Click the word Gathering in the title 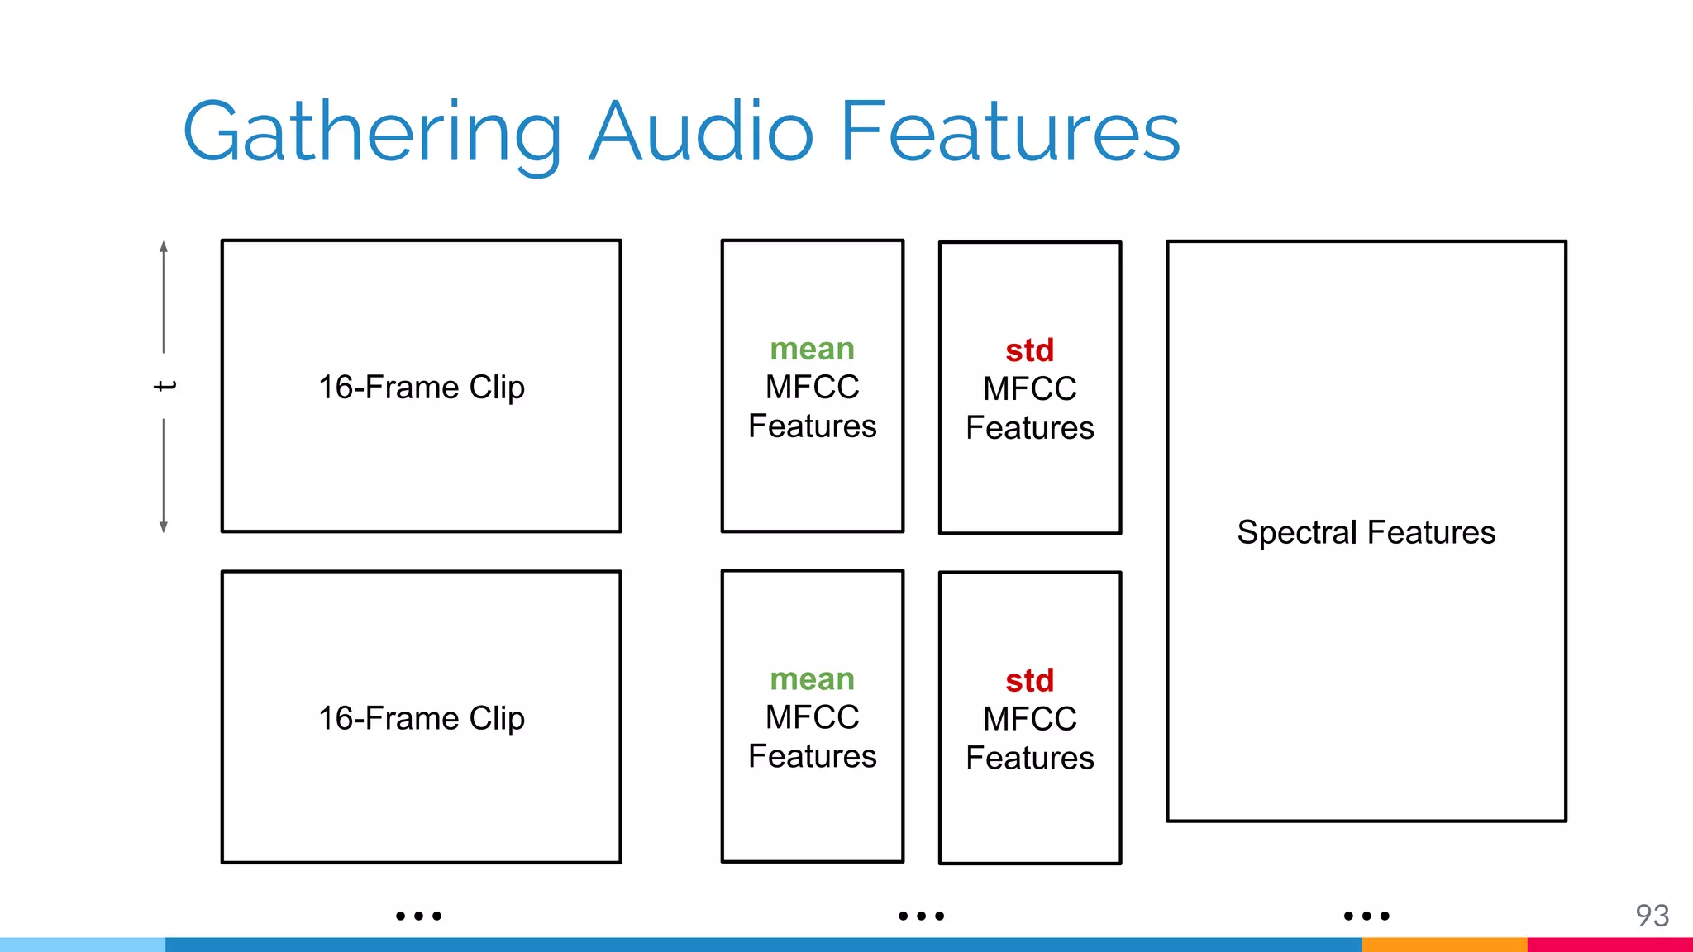(372, 132)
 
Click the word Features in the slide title (1010, 132)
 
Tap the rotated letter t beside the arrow (165, 386)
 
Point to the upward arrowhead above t (164, 246)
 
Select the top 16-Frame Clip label (422, 387)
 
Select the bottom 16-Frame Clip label (422, 717)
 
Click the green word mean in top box (812, 349)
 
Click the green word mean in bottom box (812, 678)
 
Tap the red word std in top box (1029, 350)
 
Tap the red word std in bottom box (1029, 681)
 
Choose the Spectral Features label (1366, 532)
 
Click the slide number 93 (1652, 916)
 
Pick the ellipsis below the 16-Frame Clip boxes (418, 916)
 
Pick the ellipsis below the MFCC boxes (921, 916)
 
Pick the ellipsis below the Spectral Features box (1366, 916)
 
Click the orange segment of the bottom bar (1444, 945)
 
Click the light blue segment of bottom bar (83, 945)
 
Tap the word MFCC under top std (1029, 388)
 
